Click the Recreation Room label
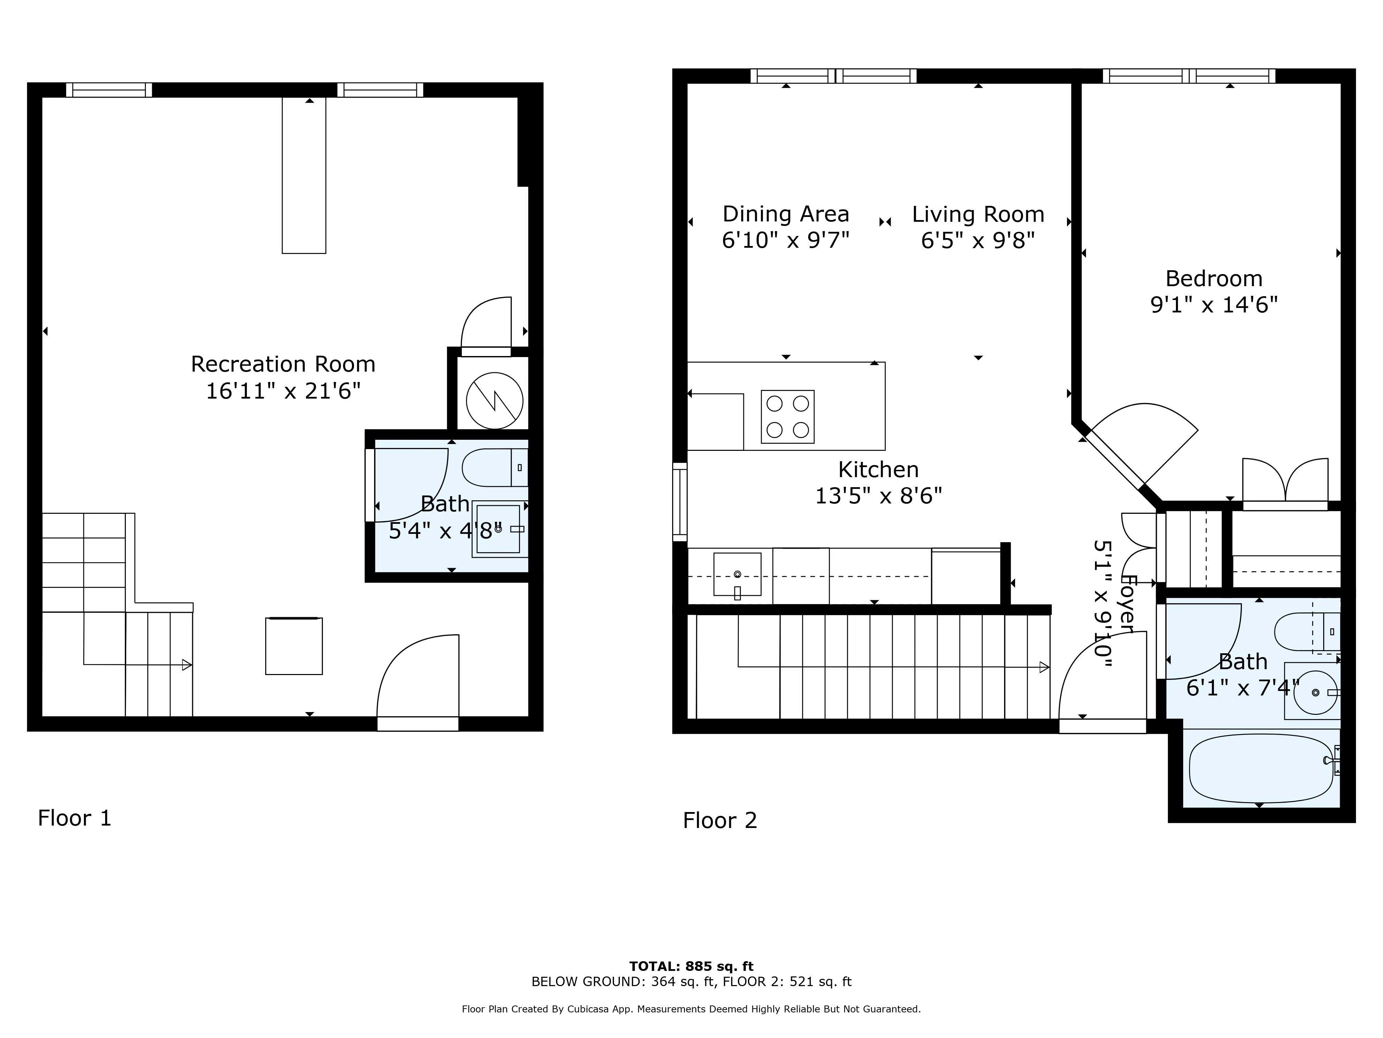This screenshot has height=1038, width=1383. [x=282, y=364]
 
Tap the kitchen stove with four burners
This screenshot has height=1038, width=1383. [x=787, y=417]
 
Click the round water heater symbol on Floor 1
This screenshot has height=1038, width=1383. [x=494, y=400]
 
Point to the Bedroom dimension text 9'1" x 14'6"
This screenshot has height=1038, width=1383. [x=1214, y=305]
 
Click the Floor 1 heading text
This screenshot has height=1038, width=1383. [x=74, y=818]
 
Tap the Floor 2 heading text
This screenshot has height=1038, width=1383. [x=720, y=820]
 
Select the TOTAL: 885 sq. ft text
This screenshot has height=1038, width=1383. [x=691, y=966]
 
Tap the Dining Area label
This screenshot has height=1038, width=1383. [x=786, y=214]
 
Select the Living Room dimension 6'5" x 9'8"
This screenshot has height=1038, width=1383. [x=978, y=240]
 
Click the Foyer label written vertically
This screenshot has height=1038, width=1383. [x=1127, y=604]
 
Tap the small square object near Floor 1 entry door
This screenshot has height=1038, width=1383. [x=294, y=646]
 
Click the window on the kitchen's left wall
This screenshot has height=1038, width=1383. [x=680, y=502]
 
